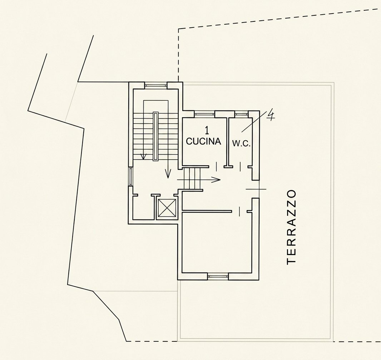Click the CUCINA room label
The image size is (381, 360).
tap(204, 141)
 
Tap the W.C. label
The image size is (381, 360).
tap(241, 144)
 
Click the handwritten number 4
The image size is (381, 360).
tap(271, 114)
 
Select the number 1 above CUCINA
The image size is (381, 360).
tap(207, 130)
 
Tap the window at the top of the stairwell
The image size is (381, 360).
tap(156, 85)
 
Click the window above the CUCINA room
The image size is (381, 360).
tap(205, 113)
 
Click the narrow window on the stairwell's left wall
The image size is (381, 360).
tap(130, 176)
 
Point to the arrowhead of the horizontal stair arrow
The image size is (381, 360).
tap(218, 180)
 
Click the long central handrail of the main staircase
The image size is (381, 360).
tap(155, 136)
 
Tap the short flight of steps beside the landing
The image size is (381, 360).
tap(192, 179)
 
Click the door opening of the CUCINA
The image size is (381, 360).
tap(217, 167)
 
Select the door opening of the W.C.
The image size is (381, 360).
tap(240, 167)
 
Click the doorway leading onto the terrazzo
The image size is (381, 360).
tap(256, 189)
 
